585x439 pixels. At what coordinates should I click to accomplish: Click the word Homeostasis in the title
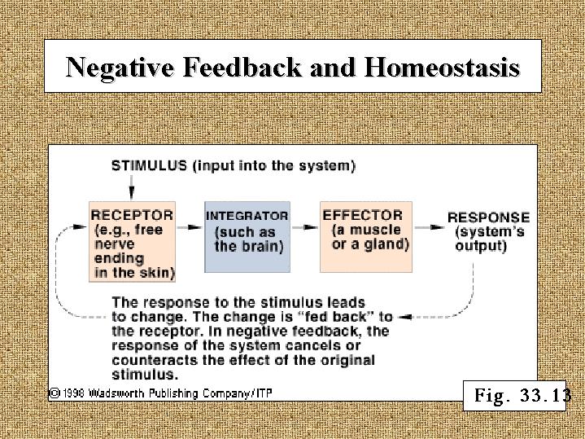click(x=442, y=68)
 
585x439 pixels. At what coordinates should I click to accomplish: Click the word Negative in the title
click(x=120, y=68)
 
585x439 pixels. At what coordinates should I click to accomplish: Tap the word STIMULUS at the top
click(x=149, y=165)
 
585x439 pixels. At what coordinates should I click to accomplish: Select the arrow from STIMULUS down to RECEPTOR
click(x=131, y=187)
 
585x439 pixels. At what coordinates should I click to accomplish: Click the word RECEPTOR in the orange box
click(x=132, y=216)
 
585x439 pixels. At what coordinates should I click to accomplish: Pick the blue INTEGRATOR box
click(x=247, y=237)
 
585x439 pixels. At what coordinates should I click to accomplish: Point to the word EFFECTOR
click(x=362, y=216)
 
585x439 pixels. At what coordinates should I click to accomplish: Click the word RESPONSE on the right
click(x=489, y=217)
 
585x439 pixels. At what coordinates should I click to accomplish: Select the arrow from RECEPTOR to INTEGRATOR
click(x=189, y=227)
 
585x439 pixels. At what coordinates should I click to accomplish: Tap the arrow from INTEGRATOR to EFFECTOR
click(x=305, y=227)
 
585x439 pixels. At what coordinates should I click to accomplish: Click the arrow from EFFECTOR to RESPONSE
click(x=430, y=227)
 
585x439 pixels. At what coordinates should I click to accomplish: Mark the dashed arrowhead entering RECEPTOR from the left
click(x=80, y=226)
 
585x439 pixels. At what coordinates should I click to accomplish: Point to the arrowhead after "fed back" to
click(x=405, y=317)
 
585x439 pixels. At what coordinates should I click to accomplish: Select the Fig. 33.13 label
click(x=515, y=396)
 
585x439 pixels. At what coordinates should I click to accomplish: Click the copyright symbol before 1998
click(x=55, y=393)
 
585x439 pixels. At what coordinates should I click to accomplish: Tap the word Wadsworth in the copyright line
click(x=117, y=393)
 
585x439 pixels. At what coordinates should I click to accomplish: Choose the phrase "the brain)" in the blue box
click(x=249, y=247)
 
